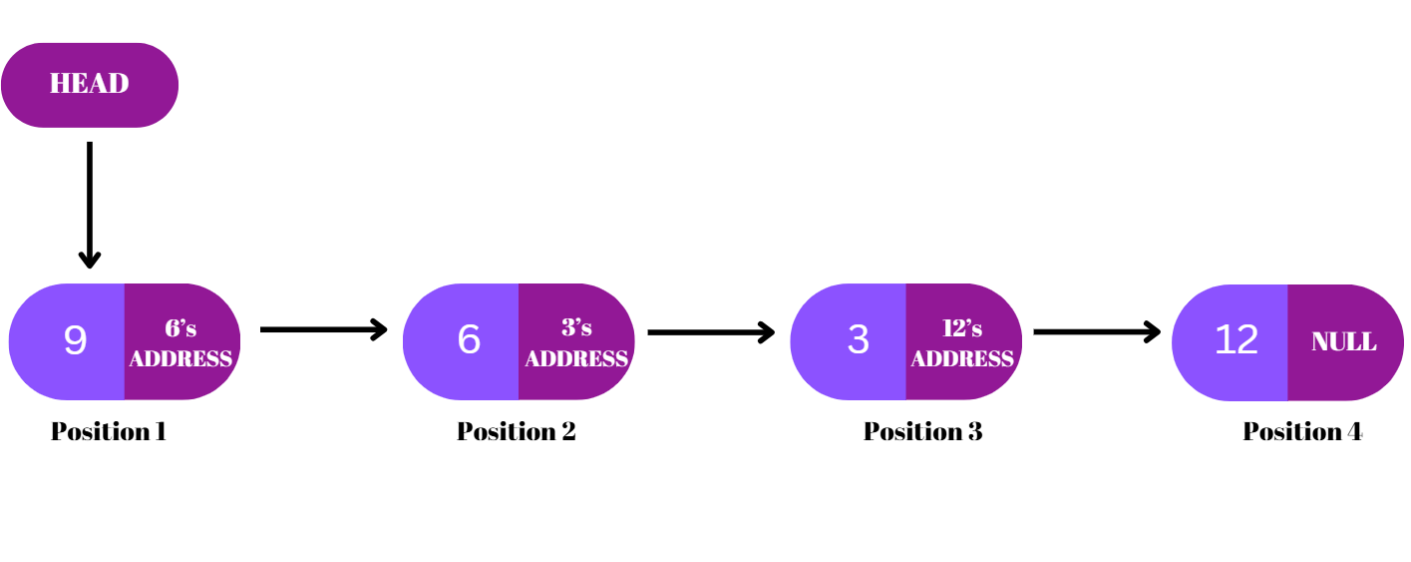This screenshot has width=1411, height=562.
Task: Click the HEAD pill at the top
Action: tap(90, 85)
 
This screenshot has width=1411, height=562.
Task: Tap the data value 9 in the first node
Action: tap(75, 341)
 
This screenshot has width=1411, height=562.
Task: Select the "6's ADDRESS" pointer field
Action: tap(180, 343)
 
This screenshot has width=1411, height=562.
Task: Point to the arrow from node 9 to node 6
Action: tap(322, 329)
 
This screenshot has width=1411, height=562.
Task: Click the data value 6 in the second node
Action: tap(469, 340)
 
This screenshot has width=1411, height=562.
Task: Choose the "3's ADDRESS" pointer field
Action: tap(576, 343)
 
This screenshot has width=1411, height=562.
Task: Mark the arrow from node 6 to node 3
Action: tap(710, 332)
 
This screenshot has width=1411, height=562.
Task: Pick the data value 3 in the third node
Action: tap(858, 340)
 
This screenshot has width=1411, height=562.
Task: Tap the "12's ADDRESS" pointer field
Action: tap(962, 343)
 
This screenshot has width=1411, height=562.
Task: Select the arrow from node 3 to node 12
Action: tap(1096, 331)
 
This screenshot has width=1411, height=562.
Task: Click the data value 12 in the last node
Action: tap(1236, 340)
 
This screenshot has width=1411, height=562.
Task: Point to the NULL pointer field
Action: tap(1343, 342)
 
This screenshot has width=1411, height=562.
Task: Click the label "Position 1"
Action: tap(109, 431)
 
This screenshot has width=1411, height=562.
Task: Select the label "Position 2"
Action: tap(517, 431)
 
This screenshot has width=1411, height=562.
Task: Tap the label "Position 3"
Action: tap(922, 431)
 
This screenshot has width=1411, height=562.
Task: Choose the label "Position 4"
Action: tap(1302, 431)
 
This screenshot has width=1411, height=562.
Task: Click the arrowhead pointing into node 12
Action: tap(1153, 331)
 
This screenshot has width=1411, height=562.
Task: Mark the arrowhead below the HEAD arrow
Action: tap(90, 260)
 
